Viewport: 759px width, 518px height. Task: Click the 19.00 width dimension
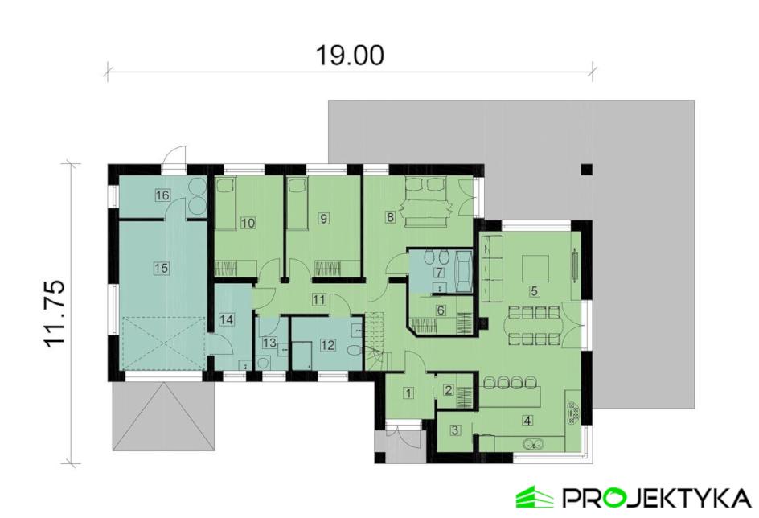tap(350, 55)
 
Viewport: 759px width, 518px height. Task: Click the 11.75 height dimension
tap(53, 313)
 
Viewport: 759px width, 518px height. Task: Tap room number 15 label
tap(162, 267)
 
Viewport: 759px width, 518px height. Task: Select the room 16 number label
tap(162, 195)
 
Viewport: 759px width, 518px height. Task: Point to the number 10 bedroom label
tap(248, 223)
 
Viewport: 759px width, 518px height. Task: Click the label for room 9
tap(324, 218)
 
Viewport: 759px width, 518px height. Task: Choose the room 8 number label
tap(390, 217)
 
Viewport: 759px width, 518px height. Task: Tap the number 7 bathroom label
tap(440, 272)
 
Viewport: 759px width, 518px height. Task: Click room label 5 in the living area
tap(535, 291)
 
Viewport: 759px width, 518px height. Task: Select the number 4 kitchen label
tap(527, 420)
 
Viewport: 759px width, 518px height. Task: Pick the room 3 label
tap(454, 429)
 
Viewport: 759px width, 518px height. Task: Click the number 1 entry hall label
tap(409, 393)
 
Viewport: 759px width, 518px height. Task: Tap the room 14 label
tap(226, 319)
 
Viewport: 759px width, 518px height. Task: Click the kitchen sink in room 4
tap(533, 443)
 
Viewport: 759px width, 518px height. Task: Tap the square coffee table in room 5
tap(535, 268)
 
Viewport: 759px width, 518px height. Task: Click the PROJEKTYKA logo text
tap(656, 498)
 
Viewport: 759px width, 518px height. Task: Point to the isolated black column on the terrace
tap(587, 170)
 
